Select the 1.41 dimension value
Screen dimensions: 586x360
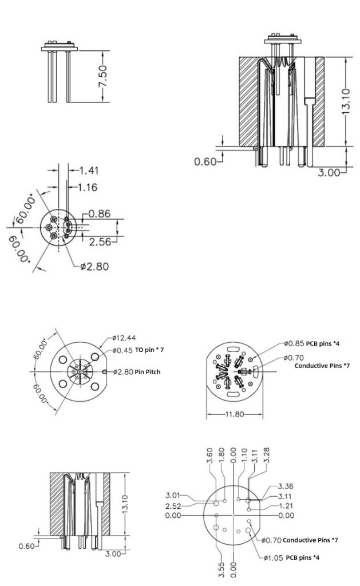tap(88, 170)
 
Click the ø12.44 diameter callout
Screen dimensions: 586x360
tap(124, 338)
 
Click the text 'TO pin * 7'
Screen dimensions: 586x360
tap(152, 350)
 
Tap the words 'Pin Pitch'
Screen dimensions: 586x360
tap(148, 372)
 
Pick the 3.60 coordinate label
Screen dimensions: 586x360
tap(209, 456)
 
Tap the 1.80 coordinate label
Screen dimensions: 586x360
tap(220, 456)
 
